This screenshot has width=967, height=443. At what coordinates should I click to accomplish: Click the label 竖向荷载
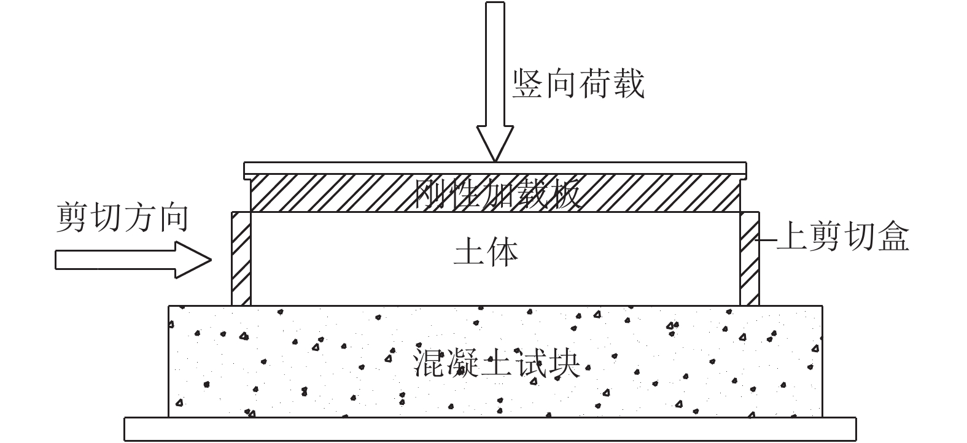[x=579, y=84]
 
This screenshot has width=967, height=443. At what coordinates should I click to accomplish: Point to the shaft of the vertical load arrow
[x=495, y=61]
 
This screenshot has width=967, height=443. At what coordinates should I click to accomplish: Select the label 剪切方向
[x=122, y=218]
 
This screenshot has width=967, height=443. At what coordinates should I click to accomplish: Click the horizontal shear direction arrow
[x=133, y=260]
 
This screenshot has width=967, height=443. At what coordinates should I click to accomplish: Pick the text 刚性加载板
[x=497, y=195]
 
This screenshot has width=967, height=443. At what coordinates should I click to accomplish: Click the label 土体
[x=486, y=252]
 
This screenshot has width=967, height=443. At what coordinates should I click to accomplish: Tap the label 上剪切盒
[x=842, y=237]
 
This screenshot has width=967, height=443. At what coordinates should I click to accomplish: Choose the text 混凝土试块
[x=497, y=363]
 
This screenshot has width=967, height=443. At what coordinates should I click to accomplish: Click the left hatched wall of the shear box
[x=241, y=258]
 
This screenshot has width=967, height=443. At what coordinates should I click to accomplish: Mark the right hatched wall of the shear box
[x=750, y=258]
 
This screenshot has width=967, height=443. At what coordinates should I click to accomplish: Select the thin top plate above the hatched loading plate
[x=495, y=168]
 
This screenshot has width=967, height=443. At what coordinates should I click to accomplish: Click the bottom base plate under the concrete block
[x=490, y=429]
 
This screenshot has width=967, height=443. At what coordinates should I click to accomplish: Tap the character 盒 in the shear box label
[x=893, y=237]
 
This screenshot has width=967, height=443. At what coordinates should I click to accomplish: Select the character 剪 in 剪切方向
[x=73, y=218]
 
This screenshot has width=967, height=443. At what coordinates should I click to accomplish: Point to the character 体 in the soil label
[x=502, y=252]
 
